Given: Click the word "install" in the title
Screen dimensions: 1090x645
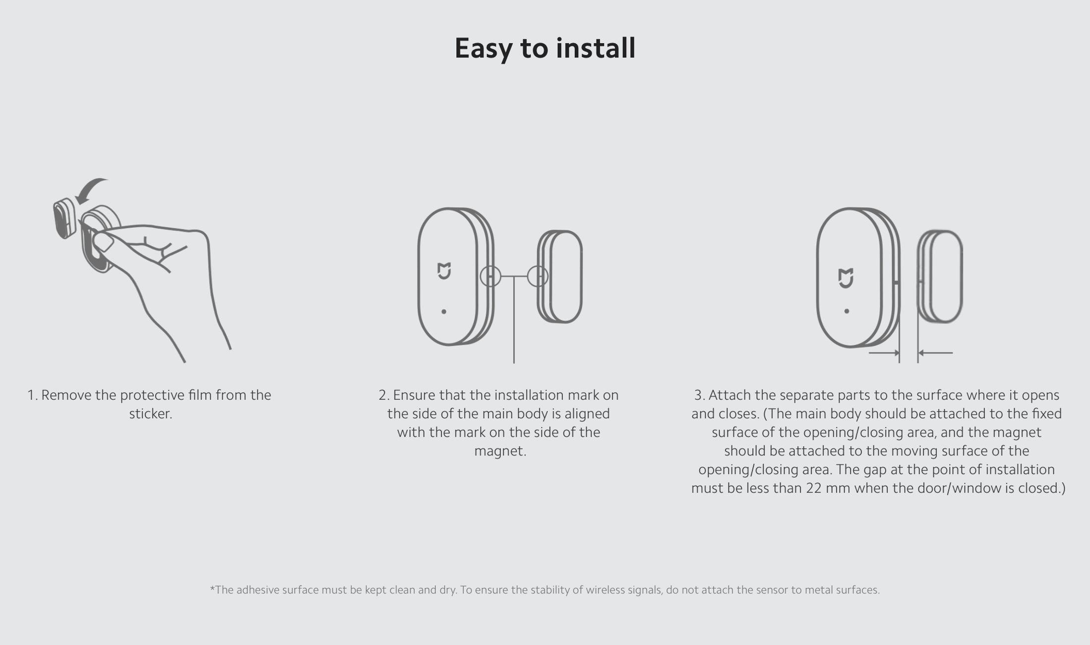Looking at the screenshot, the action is [595, 48].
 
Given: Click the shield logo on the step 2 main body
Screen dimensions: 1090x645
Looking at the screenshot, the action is [444, 271].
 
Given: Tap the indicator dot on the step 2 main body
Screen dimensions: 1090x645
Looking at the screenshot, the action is [444, 312].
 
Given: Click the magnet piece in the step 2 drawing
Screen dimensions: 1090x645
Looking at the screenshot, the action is [560, 276].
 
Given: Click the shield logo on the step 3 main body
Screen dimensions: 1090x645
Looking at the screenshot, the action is [846, 278].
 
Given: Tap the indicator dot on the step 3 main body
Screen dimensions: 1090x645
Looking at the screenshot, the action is [847, 311].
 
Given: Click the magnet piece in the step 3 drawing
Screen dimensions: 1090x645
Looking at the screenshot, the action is [940, 276].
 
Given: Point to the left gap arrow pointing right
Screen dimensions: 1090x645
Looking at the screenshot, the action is [884, 353].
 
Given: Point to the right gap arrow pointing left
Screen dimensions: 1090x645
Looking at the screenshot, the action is [935, 353].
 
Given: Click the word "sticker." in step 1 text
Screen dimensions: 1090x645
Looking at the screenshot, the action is [151, 414].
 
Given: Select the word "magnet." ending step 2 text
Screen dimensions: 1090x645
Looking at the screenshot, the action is [500, 451].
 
